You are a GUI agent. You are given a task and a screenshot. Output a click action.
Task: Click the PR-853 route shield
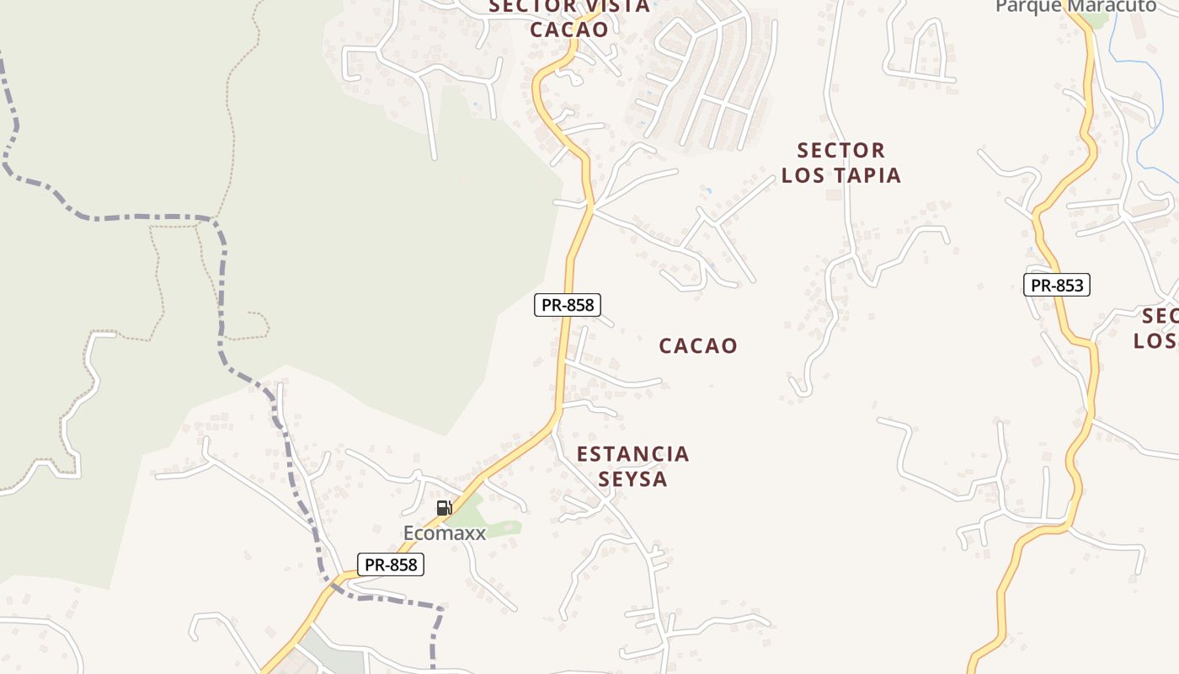pyautogui.click(x=1057, y=285)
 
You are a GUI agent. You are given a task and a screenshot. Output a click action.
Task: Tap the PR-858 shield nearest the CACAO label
pyautogui.click(x=568, y=304)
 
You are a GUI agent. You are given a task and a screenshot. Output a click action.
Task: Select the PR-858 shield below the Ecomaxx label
pyautogui.click(x=391, y=564)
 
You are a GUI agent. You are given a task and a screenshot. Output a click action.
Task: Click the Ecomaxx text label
pyautogui.click(x=445, y=532)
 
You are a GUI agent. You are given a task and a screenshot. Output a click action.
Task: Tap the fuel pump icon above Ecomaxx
pyautogui.click(x=444, y=508)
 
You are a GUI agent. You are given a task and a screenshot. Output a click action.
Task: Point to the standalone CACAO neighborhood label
pyautogui.click(x=698, y=345)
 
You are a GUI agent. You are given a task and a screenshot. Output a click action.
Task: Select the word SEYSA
pyautogui.click(x=632, y=479)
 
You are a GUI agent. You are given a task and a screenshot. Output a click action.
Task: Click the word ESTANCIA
pyautogui.click(x=632, y=454)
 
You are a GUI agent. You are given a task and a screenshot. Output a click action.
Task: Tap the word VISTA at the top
pyautogui.click(x=617, y=7)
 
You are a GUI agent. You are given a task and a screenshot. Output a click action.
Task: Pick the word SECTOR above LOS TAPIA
pyautogui.click(x=840, y=151)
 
